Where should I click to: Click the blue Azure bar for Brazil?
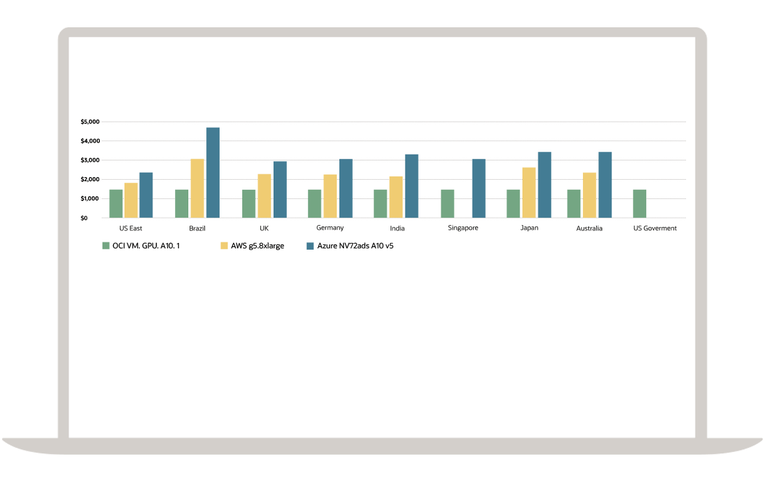[213, 172]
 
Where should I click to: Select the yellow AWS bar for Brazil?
[197, 188]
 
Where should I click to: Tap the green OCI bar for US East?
[116, 204]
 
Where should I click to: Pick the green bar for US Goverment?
[640, 204]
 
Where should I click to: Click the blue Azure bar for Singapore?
[478, 188]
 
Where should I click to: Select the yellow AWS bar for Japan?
[529, 192]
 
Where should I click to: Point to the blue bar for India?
[412, 186]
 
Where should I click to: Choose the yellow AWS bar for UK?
[264, 196]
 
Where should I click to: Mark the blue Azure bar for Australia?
[605, 185]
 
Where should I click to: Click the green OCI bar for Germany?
[314, 204]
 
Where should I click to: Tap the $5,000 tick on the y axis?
[90, 122]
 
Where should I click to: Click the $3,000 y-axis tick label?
[90, 160]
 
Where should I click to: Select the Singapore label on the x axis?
[463, 228]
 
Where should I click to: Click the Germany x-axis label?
[330, 228]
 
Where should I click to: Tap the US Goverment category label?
[655, 228]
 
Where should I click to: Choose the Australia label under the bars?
[590, 228]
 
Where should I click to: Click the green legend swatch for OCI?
[105, 246]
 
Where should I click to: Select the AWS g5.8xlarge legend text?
[257, 246]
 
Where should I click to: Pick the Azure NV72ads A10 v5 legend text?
[355, 246]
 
